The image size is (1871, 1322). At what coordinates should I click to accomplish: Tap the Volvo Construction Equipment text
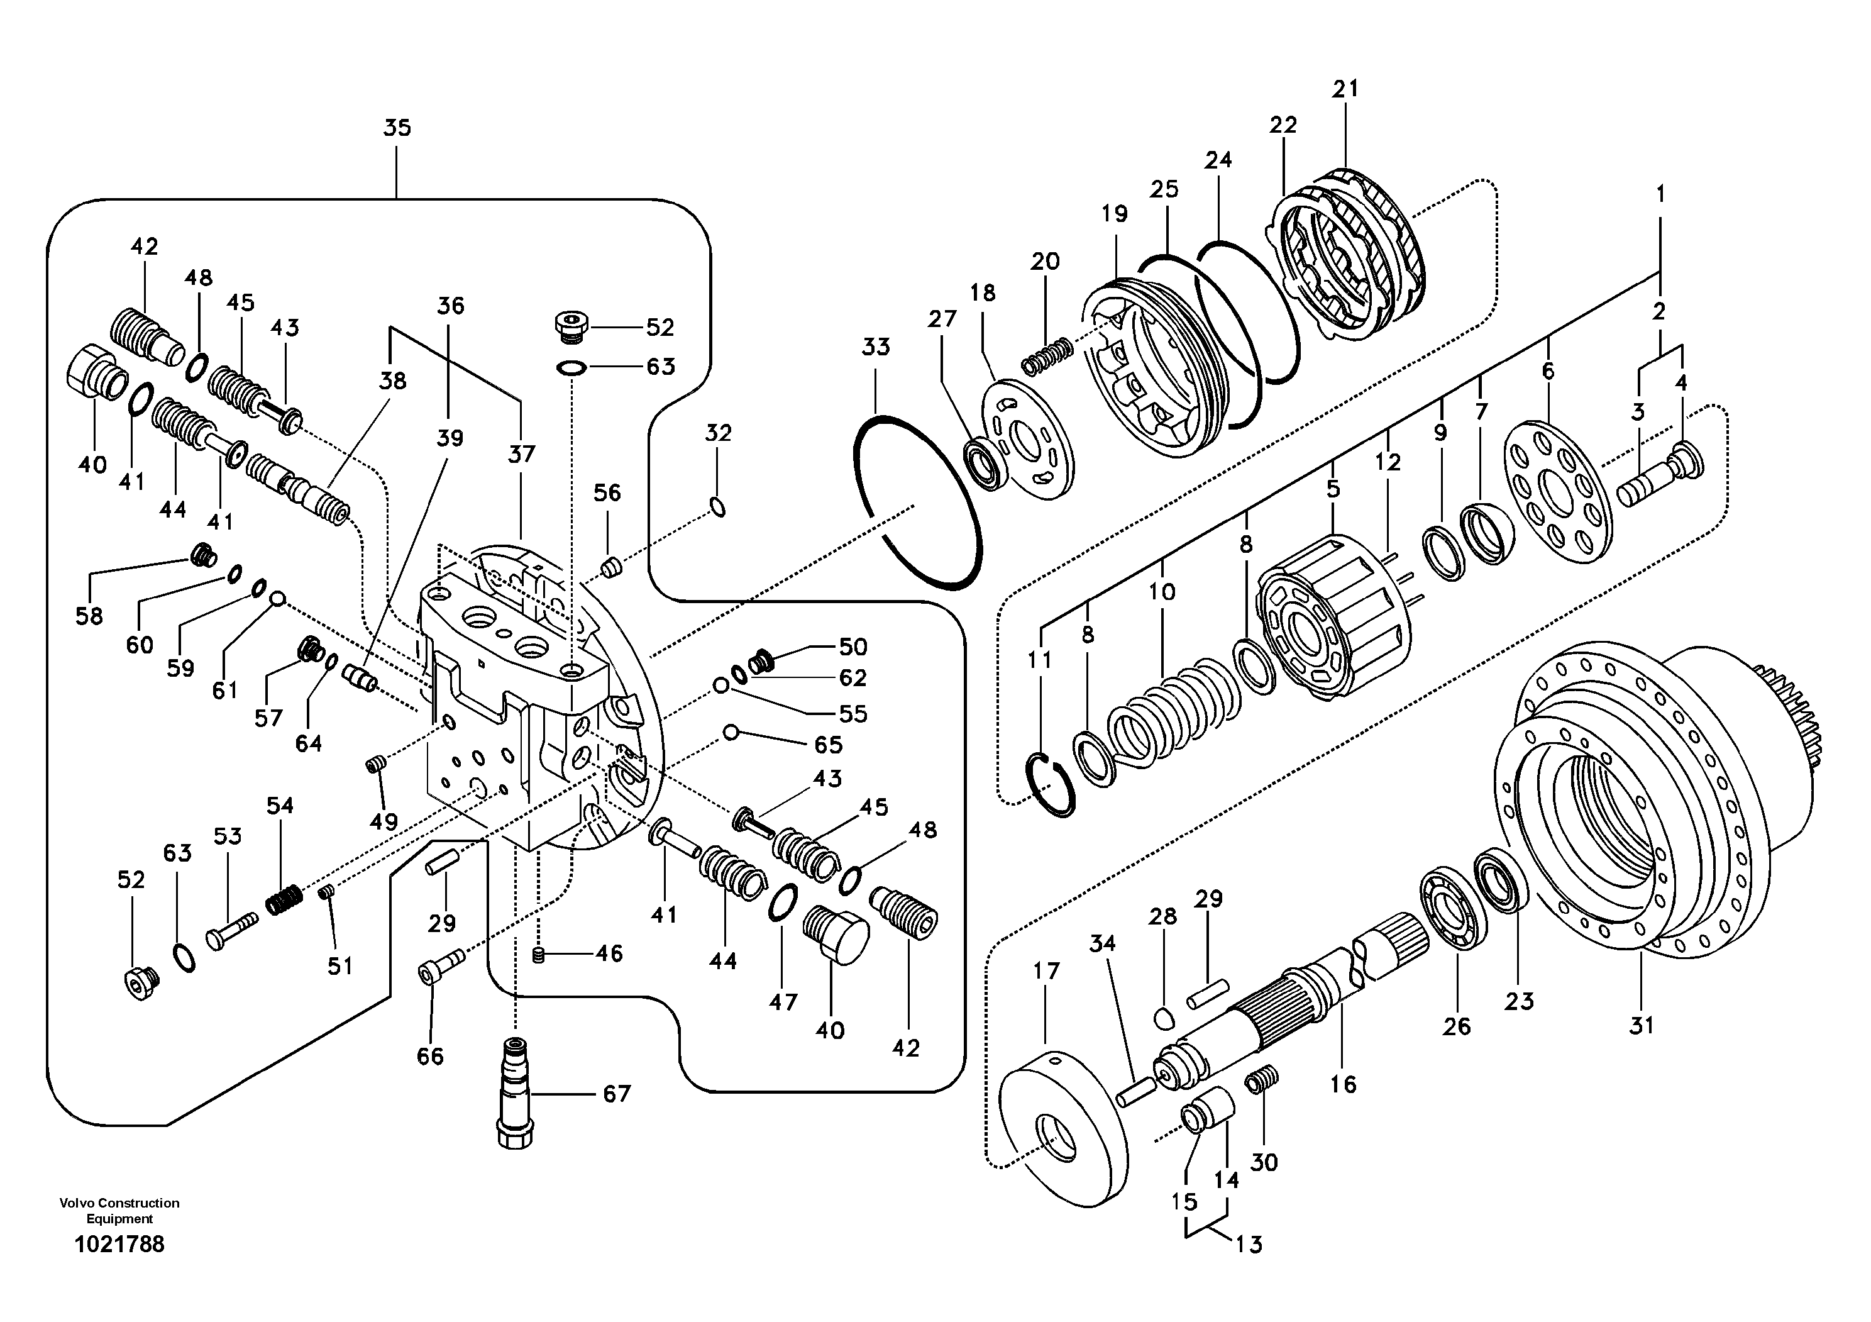pos(119,1210)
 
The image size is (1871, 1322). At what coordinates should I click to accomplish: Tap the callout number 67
pos(617,1094)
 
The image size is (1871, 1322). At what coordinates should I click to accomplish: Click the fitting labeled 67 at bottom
pos(515,1092)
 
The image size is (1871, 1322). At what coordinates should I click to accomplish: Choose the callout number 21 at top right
pos(1345,88)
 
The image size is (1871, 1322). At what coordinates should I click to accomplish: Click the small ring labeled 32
pos(718,508)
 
